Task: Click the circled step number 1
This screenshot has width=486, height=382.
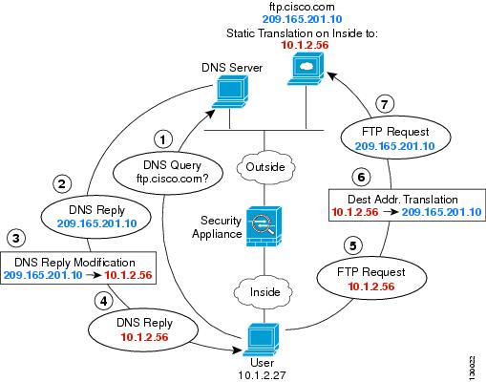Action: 163,139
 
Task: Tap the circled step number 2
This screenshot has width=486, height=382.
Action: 62,183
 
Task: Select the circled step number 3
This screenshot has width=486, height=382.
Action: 16,238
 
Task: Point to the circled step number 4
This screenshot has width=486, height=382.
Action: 104,301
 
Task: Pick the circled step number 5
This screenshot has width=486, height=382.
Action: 353,245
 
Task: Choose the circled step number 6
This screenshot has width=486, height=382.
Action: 361,177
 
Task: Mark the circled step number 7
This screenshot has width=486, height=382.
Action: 385,104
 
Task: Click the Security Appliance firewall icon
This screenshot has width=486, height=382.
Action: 264,226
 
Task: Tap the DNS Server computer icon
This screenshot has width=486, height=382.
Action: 230,93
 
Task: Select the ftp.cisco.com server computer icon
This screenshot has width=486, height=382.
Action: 306,70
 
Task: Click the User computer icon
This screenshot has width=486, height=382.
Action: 262,340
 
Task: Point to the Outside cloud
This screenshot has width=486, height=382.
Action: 265,167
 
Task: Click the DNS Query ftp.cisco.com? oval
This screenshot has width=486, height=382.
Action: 168,172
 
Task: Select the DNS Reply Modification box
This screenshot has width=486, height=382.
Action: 78,267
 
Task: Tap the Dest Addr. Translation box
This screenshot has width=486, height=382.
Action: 407,205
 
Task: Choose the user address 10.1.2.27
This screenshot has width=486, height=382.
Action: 262,375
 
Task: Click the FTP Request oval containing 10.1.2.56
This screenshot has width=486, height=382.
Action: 371,279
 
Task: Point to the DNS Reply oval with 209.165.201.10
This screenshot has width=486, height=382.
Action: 96,217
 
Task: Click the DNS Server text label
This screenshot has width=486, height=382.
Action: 232,68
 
